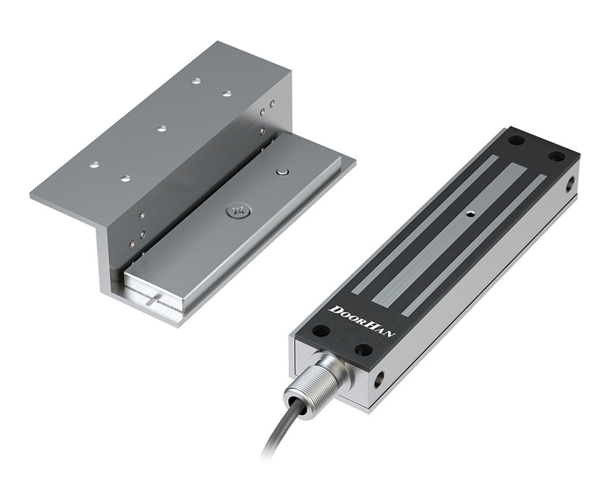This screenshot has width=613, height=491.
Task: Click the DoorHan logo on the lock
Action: click(363, 321)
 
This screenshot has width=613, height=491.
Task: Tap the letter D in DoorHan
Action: click(335, 309)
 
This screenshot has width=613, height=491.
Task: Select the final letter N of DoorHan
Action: click(392, 334)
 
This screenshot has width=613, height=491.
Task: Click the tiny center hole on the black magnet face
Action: click(471, 214)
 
